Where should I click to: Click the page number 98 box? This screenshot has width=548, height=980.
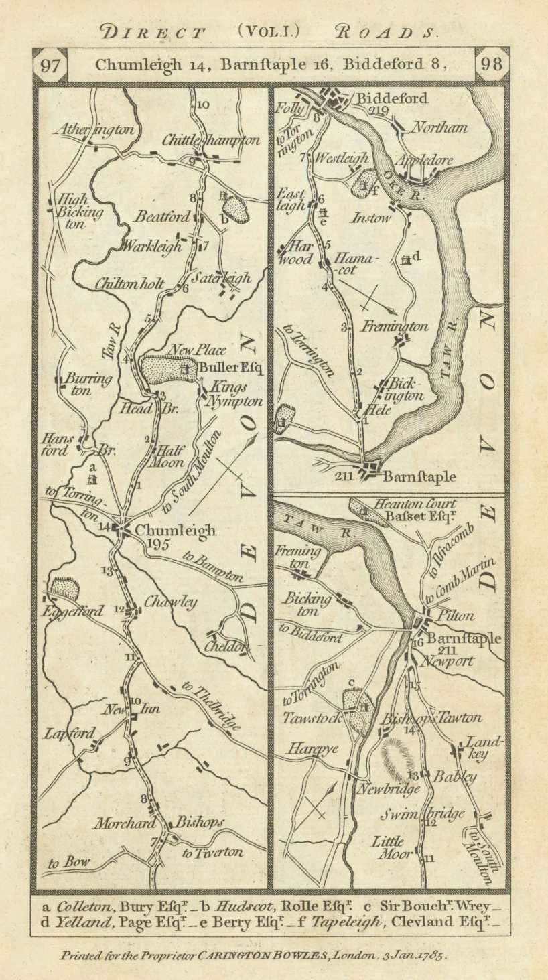tap(492, 65)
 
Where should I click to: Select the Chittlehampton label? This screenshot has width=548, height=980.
tap(211, 141)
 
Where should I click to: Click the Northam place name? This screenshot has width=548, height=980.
tap(439, 128)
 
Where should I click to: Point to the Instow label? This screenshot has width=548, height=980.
tap(370, 218)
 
